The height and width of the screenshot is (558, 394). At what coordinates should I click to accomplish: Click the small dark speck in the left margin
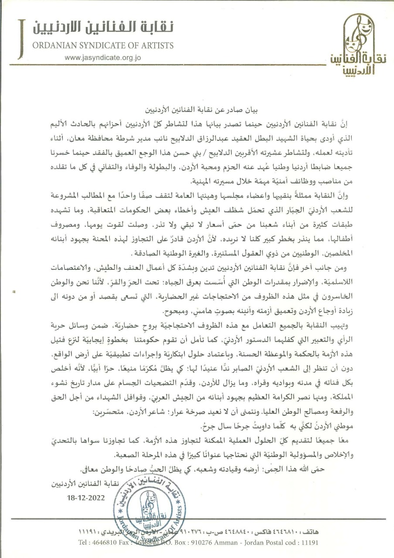pyautogui.click(x=14, y=289)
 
